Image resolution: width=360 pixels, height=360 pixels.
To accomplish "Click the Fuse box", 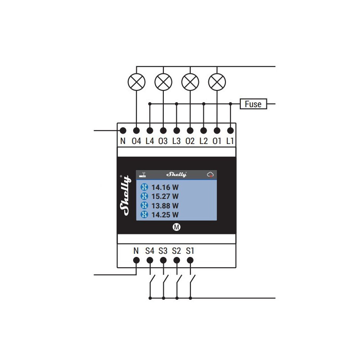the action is click(x=253, y=104).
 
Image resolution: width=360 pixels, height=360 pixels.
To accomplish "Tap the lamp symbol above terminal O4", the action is click(x=136, y=82).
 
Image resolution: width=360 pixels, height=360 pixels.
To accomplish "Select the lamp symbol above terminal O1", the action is click(x=217, y=82).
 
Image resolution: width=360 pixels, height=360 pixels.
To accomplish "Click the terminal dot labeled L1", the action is click(x=230, y=130).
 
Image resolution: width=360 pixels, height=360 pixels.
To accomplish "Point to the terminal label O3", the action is click(x=163, y=141).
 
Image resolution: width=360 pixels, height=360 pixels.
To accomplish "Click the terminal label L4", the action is click(x=150, y=141).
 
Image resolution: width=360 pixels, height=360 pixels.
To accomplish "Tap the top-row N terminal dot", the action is click(x=123, y=130).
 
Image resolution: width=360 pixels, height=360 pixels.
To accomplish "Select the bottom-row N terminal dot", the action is click(x=136, y=261).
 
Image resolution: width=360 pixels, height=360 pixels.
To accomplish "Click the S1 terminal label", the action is click(x=190, y=251).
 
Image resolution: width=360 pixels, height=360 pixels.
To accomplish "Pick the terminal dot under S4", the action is click(x=150, y=261).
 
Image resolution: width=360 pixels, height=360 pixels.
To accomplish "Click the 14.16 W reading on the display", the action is click(x=165, y=187).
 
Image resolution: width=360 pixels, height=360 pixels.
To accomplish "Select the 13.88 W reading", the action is click(x=165, y=206).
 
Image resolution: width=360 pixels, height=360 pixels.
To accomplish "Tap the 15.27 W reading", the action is click(x=165, y=197).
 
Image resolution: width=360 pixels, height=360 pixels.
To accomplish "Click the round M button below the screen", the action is click(x=176, y=227).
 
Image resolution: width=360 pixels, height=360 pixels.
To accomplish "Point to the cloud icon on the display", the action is click(x=210, y=175).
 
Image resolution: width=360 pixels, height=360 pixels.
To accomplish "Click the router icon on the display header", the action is click(x=143, y=175).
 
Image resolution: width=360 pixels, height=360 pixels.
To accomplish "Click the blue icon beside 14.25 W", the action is click(x=144, y=215).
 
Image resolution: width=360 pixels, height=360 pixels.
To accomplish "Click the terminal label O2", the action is click(x=190, y=141).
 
